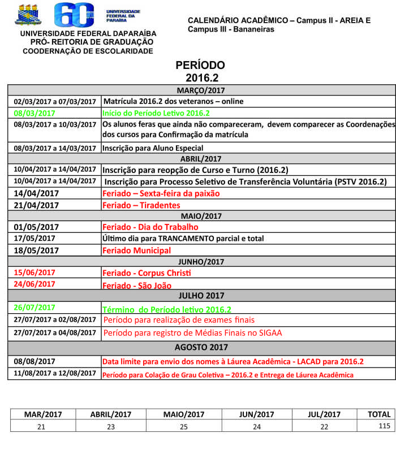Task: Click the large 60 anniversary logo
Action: pyautogui.click(x=75, y=15)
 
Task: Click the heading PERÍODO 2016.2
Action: pyautogui.click(x=200, y=71)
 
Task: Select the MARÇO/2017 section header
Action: pyautogui.click(x=201, y=90)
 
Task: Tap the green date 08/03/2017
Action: pyautogui.click(x=35, y=113)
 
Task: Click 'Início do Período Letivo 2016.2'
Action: pyautogui.click(x=156, y=113)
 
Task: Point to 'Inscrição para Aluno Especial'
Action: pyautogui.click(x=153, y=148)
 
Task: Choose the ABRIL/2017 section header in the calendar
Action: pyautogui.click(x=201, y=159)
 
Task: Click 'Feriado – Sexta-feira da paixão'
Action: pyautogui.click(x=161, y=193)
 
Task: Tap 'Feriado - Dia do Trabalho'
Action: pyautogui.click(x=150, y=227)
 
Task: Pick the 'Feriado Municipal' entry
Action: pyautogui.click(x=136, y=250)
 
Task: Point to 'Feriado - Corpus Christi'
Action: pyautogui.click(x=147, y=273)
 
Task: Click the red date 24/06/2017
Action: pyautogui.click(x=35, y=284)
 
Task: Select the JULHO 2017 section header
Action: pyautogui.click(x=201, y=296)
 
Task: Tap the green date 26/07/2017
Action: pyautogui.click(x=35, y=308)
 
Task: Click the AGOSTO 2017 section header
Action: pyautogui.click(x=201, y=347)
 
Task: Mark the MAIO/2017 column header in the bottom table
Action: pyautogui.click(x=183, y=414)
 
